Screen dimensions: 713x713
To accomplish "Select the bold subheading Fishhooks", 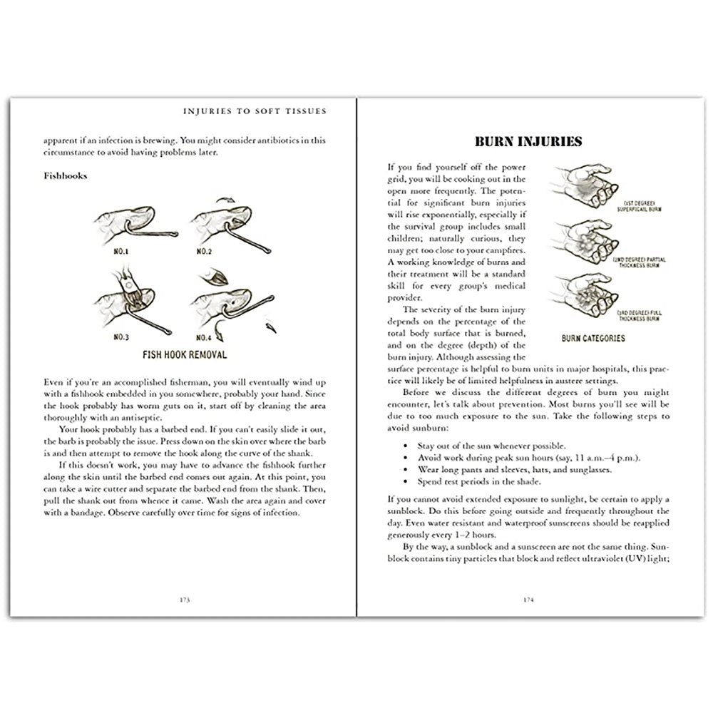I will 63,176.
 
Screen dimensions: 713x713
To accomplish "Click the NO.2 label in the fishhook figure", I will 205,252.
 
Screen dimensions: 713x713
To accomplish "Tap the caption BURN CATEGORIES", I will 593,338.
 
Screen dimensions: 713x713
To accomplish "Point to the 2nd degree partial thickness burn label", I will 638,264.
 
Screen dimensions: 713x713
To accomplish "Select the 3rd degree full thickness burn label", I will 638,314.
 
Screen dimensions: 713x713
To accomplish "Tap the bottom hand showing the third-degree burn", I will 581,295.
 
